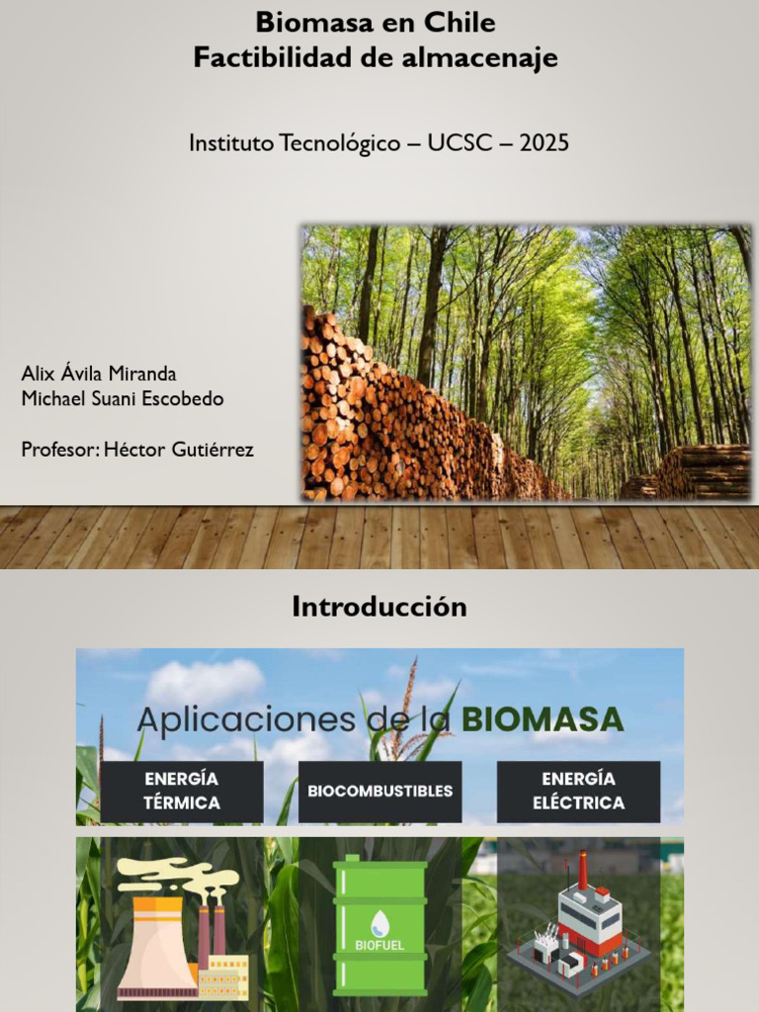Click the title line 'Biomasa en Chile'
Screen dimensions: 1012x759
point(376,22)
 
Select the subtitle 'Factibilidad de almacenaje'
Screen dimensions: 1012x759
point(376,57)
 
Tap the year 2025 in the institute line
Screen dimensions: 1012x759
point(544,142)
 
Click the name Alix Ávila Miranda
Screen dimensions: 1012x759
point(99,374)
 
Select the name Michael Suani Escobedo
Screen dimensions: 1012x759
point(123,398)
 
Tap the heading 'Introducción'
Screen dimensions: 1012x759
point(379,607)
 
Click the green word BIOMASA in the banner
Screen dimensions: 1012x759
point(543,718)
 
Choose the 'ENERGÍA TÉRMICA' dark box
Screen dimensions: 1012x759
point(182,791)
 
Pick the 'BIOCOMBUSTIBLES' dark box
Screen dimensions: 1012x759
point(379,791)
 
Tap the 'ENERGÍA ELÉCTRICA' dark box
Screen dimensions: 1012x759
point(578,791)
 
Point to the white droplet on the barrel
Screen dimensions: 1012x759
point(379,923)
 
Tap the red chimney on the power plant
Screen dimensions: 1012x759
point(583,870)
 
